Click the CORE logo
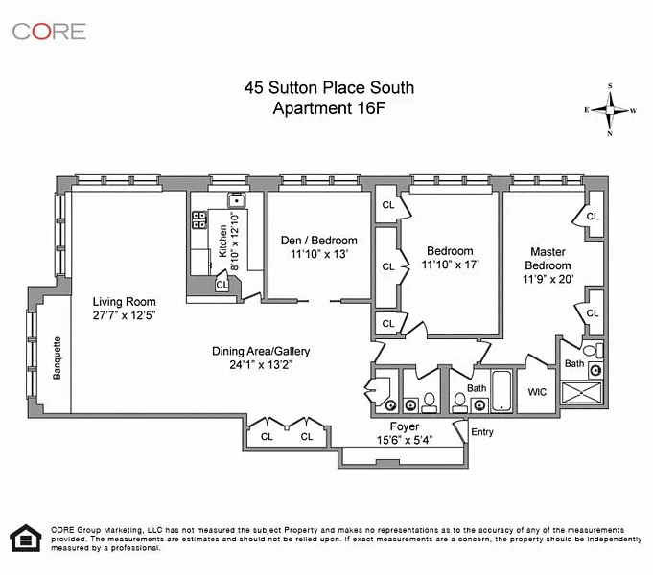(x=49, y=32)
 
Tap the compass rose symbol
(x=610, y=110)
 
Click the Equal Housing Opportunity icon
(x=26, y=538)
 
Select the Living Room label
(x=124, y=302)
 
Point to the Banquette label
(x=58, y=357)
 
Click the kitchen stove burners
(x=199, y=219)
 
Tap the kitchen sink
(x=237, y=200)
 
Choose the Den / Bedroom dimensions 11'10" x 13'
(x=319, y=254)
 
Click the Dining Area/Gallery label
(x=261, y=351)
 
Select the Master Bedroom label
(x=548, y=259)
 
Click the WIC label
(x=537, y=392)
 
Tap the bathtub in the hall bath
(x=501, y=391)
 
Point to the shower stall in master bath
(x=581, y=393)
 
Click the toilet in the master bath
(x=593, y=350)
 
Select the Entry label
(x=482, y=432)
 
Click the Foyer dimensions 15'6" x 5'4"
(x=405, y=440)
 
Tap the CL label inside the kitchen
(x=222, y=285)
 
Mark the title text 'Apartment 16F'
(x=329, y=108)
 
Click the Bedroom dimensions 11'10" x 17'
(x=450, y=264)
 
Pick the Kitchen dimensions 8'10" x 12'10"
(x=235, y=241)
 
